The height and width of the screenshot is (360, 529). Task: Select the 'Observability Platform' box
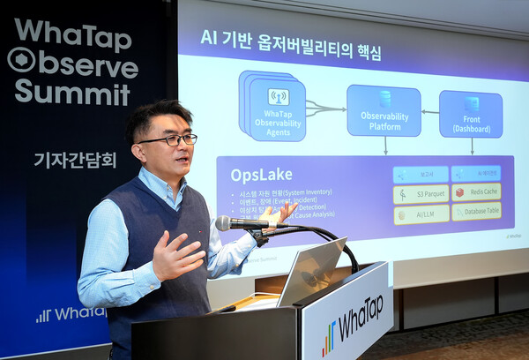pos(384,111)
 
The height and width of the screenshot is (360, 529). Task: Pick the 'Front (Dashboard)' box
pos(471,114)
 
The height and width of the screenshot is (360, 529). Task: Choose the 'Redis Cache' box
pos(476,192)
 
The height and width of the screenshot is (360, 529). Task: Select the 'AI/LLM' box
pos(421,213)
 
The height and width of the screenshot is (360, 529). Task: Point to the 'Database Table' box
pos(476,212)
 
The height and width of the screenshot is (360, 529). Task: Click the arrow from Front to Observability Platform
pos(430,112)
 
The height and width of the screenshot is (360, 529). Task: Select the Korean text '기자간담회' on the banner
pos(75,160)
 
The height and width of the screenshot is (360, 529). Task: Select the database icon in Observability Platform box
pos(384,98)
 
